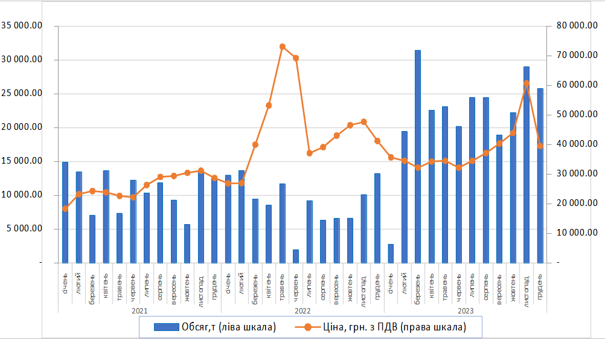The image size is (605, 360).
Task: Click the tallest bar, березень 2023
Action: click(x=418, y=157)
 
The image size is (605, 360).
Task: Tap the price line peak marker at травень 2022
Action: click(x=283, y=47)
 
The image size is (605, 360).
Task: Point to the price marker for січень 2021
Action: click(x=65, y=208)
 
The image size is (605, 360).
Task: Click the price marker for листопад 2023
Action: click(x=527, y=83)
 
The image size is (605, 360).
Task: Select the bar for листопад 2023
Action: click(x=527, y=181)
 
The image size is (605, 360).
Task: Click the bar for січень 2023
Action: click(x=391, y=254)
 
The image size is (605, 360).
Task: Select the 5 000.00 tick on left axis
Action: click(x=25, y=229)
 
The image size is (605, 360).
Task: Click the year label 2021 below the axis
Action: click(x=139, y=310)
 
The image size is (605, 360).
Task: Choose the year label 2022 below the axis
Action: click(x=302, y=310)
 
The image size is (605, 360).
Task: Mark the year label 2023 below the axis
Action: click(x=465, y=310)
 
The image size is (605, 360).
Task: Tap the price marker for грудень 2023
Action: click(x=540, y=146)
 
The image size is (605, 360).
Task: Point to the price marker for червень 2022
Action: click(x=296, y=58)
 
